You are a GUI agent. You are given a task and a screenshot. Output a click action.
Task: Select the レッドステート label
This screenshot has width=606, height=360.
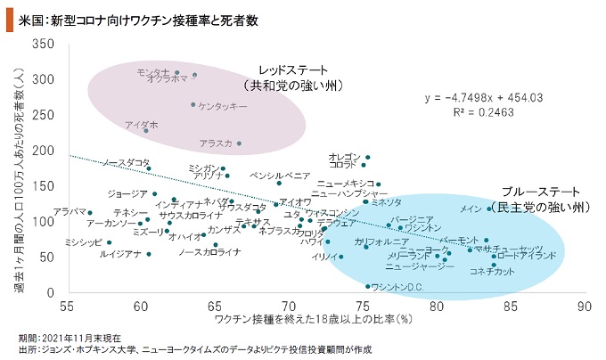coord(293,70)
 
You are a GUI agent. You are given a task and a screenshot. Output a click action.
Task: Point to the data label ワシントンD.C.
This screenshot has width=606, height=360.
coord(397,287)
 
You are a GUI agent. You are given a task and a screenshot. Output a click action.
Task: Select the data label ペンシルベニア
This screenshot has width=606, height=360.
coord(280,176)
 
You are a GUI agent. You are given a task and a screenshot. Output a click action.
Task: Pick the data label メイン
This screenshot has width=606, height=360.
coord(471,209)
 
